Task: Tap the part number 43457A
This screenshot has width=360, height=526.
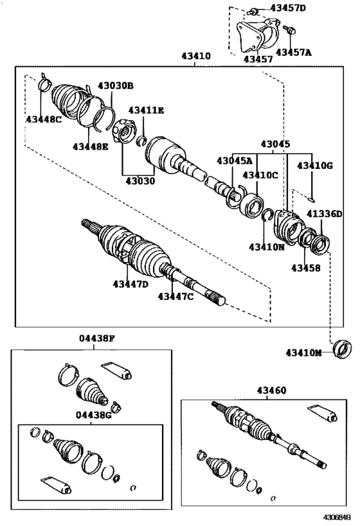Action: point(293,52)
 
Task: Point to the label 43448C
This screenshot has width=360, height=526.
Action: point(44,119)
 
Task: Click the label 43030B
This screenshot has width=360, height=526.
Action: point(116,85)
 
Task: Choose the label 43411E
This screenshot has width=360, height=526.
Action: point(146,110)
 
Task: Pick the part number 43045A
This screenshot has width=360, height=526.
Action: point(234,161)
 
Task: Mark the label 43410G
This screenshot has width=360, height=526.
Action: point(315,166)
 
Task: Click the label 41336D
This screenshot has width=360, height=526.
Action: point(324,213)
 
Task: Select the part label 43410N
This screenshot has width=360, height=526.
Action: point(267,247)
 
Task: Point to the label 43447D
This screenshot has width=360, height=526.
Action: point(130,284)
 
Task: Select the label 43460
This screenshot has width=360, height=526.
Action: point(272,390)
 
